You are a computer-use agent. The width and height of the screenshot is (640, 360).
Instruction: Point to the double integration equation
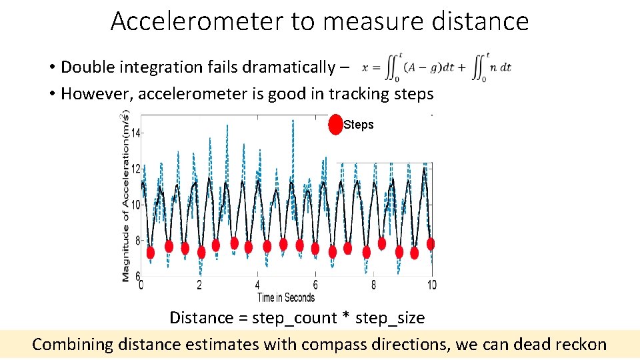437,67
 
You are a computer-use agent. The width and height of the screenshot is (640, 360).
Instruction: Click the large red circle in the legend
336,125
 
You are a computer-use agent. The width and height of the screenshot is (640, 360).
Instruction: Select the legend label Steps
359,125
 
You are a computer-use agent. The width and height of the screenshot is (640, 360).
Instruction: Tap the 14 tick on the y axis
135,133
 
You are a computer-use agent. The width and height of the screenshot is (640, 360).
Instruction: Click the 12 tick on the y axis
135,169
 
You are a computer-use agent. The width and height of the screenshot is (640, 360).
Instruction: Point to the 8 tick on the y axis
136,241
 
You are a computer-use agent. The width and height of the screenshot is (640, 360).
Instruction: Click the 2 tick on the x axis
199,285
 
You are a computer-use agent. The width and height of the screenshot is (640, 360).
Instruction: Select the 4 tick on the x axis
257,285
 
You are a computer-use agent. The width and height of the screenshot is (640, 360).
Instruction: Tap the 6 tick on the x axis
315,285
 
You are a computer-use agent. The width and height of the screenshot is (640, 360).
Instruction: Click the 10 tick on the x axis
431,285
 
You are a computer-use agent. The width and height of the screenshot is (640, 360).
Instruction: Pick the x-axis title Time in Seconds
286,297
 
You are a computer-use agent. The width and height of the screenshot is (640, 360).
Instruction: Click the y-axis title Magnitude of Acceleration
125,197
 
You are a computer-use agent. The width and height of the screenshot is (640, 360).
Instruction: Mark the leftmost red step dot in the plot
151,253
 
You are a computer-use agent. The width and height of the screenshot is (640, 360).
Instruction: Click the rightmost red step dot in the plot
431,244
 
